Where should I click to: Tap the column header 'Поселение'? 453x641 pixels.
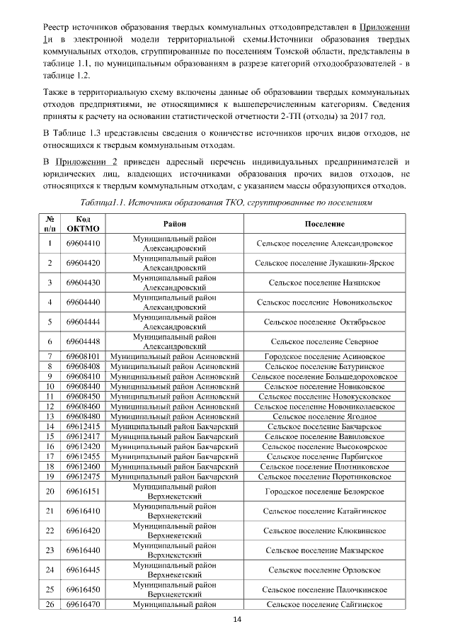click(324, 224)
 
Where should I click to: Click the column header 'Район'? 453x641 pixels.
click(175, 224)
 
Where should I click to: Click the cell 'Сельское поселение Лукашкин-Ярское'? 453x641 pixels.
click(324, 263)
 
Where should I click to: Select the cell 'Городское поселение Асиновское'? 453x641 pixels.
click(324, 356)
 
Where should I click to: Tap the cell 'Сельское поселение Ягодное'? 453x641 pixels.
click(324, 416)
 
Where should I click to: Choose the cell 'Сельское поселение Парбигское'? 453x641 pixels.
click(324, 457)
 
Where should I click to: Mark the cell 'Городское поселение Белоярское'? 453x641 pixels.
click(324, 491)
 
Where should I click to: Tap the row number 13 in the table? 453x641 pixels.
click(50, 416)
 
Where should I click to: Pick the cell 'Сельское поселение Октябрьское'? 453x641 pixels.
click(324, 322)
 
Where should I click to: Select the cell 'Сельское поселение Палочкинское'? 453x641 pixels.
click(324, 589)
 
